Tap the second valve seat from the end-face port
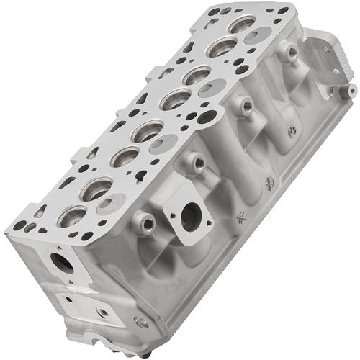tap(96, 189)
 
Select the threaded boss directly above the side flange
tap(192, 163)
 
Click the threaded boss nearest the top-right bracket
tap(290, 51)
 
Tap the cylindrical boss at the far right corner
tap(351, 90)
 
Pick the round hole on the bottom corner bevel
tap(137, 322)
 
